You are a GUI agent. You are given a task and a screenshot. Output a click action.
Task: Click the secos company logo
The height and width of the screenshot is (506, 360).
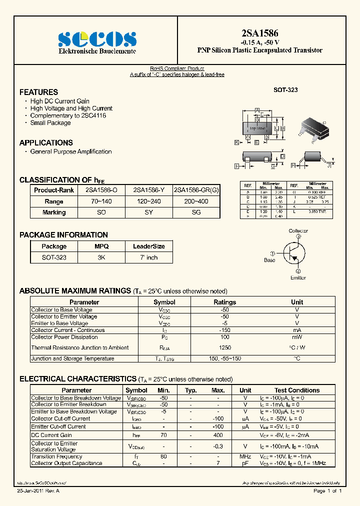97,39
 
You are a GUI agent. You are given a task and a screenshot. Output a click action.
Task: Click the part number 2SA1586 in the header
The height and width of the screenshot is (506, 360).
259,33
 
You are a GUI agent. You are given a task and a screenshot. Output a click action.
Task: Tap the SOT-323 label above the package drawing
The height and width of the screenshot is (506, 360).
285,90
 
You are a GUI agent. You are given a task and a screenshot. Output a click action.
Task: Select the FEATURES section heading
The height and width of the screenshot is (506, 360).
38,92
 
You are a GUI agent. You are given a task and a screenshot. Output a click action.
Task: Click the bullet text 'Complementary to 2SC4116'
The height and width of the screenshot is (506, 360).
68,115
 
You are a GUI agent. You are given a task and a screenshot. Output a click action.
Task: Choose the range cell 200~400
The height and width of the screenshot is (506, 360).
196,201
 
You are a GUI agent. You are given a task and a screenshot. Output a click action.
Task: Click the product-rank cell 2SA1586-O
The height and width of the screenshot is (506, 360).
101,190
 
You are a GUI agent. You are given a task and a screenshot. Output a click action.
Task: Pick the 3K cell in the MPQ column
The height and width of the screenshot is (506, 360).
101,257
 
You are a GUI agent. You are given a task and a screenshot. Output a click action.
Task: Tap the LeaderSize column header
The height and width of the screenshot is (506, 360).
148,246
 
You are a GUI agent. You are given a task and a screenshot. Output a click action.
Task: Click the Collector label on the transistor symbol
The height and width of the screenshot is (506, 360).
298,231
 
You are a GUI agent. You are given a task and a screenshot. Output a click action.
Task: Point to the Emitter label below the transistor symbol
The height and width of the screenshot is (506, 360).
298,277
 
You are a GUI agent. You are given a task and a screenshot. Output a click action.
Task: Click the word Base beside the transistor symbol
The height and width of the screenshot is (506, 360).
269,260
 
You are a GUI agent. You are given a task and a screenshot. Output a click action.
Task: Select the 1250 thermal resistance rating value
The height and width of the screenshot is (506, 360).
225,347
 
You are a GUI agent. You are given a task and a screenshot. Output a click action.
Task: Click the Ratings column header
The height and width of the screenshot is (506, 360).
225,302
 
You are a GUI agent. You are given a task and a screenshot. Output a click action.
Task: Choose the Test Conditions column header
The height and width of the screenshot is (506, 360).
297,390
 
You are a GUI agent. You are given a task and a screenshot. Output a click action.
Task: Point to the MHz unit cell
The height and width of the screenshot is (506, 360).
245,456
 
